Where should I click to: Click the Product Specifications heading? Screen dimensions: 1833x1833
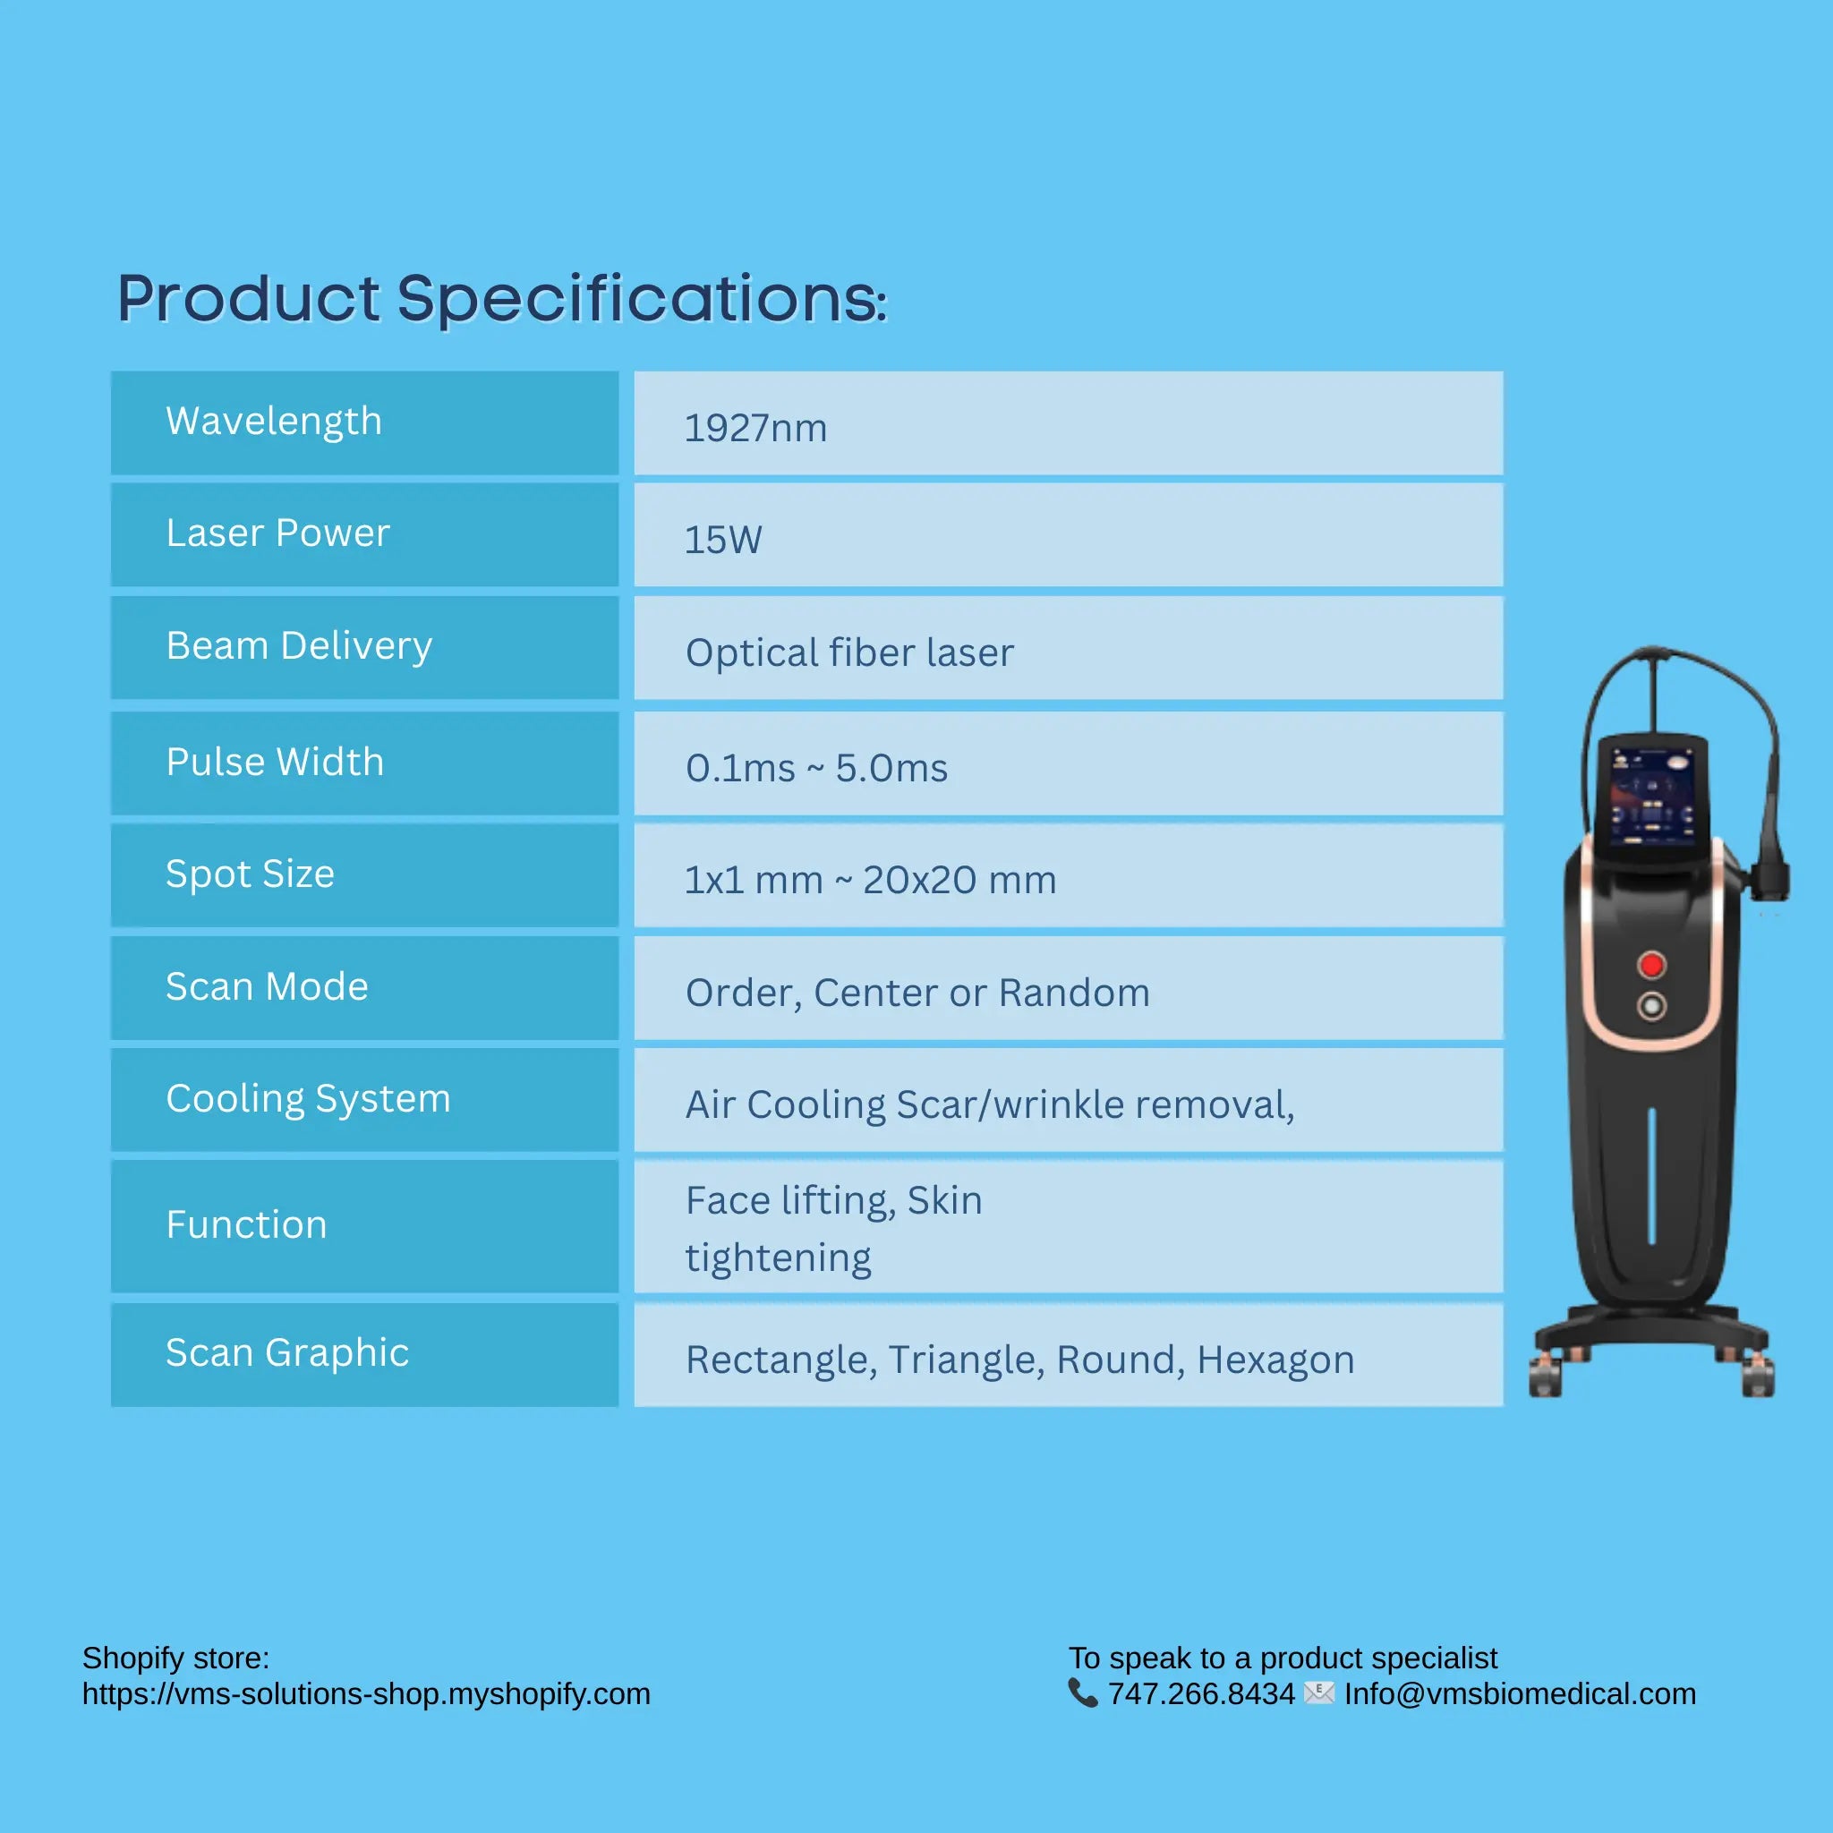click(501, 299)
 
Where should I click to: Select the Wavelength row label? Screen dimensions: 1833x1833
click(273, 422)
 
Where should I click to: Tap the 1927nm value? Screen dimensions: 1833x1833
click(755, 428)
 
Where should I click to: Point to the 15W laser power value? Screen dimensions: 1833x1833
click(723, 540)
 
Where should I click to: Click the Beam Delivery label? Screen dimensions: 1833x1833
click(299, 646)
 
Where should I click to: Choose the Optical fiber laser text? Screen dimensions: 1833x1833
click(849, 652)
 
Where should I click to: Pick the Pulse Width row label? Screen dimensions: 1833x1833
click(275, 762)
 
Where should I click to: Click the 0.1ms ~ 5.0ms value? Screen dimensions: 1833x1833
click(816, 769)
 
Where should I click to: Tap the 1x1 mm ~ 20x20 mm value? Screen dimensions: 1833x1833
click(870, 881)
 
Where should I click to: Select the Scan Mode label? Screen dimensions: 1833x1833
click(267, 986)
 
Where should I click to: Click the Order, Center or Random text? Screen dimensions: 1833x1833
click(917, 993)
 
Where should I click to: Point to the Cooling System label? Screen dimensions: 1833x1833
click(309, 1099)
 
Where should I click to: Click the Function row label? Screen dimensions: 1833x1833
click(247, 1225)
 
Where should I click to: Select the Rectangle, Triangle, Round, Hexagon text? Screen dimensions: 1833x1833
click(1020, 1360)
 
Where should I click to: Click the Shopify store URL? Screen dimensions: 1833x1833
click(366, 1694)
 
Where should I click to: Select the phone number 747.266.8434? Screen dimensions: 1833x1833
click(1201, 1694)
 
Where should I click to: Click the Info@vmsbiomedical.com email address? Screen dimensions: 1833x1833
click(1520, 1694)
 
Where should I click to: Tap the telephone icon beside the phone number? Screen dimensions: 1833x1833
click(1083, 1693)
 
